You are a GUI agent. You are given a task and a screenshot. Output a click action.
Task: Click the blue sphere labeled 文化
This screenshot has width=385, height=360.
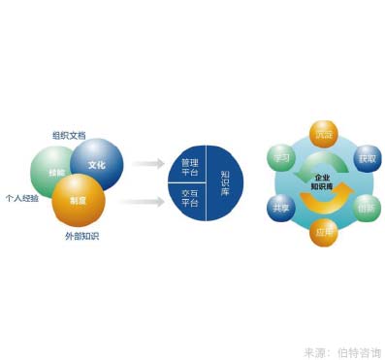pos(97,163)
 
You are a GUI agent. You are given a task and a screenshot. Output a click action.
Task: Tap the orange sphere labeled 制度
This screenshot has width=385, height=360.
pos(79,199)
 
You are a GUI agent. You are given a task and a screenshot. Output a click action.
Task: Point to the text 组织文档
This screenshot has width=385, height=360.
pos(69,134)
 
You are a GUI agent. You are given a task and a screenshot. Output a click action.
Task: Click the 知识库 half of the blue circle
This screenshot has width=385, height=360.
pos(224,182)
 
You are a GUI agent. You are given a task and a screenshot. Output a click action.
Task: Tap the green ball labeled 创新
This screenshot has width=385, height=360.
pos(366,208)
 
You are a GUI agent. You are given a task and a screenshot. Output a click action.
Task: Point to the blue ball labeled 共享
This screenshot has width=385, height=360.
pos(280,208)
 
